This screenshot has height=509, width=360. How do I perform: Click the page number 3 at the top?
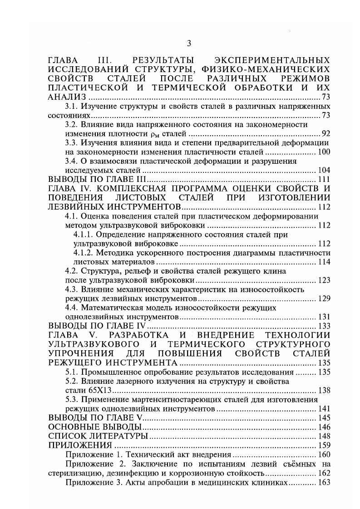point(189,44)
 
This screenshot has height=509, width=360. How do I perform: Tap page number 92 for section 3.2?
point(325,134)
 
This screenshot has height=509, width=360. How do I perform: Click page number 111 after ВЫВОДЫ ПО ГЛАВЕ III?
point(323,180)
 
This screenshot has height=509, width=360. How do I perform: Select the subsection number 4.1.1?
point(82,235)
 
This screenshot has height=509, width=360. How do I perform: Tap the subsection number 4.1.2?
point(82,253)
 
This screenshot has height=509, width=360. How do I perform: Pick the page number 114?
point(324,262)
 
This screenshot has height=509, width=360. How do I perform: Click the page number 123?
point(324,280)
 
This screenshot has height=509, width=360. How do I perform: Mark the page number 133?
point(324,326)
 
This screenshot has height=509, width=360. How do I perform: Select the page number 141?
point(324,409)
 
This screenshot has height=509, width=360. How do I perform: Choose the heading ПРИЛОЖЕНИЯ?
point(80,445)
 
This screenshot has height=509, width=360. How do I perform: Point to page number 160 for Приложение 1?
point(324,454)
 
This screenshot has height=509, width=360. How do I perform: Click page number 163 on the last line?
point(324,482)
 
